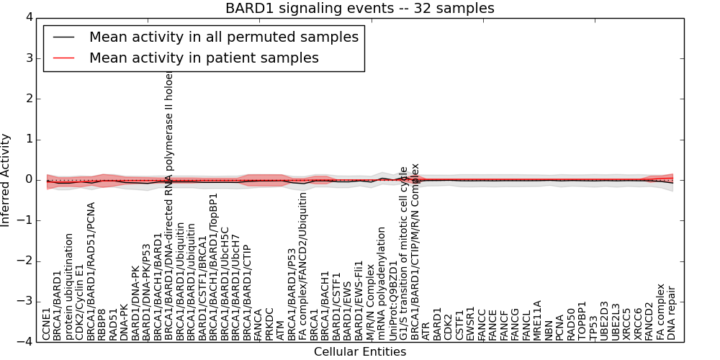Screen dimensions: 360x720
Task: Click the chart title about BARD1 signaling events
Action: click(x=359, y=8)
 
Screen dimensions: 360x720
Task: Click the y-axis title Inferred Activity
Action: click(x=6, y=179)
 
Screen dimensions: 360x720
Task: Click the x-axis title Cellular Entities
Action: click(x=359, y=351)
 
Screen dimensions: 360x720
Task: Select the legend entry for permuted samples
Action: click(x=223, y=37)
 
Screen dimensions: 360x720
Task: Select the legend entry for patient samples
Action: click(x=204, y=58)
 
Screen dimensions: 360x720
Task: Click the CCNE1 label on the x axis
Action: click(x=47, y=323)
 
